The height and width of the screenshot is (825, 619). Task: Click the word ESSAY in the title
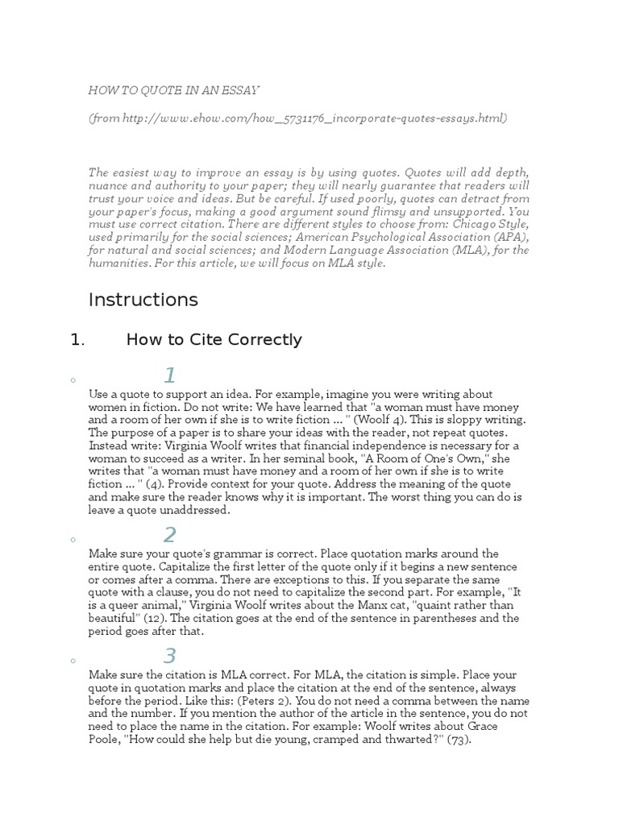[x=242, y=90]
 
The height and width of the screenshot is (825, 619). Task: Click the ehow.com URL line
[x=297, y=118]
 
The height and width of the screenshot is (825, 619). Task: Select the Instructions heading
[x=143, y=300]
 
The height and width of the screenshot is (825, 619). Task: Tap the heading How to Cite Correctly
[x=214, y=340]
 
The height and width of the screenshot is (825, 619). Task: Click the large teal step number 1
[x=169, y=375]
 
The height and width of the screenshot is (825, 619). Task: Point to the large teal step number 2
[x=169, y=535]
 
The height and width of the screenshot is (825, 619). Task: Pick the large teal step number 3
[x=169, y=656]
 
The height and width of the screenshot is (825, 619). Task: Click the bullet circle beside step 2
[x=73, y=540]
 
